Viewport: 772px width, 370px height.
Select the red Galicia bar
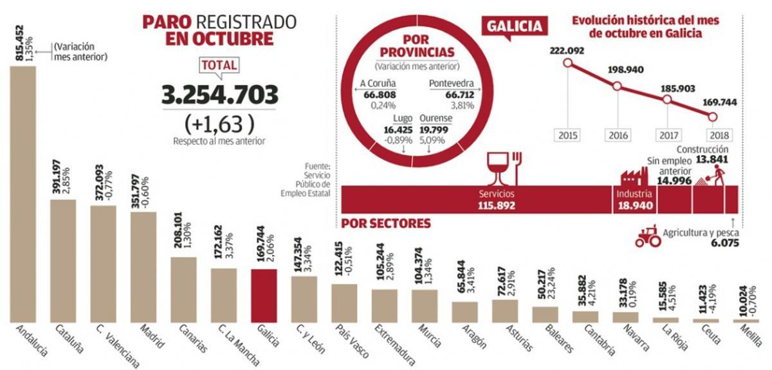click(x=264, y=295)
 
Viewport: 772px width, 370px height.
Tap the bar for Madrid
click(x=143, y=266)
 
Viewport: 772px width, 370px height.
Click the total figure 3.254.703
click(x=220, y=95)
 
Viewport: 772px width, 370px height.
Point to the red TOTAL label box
click(x=220, y=65)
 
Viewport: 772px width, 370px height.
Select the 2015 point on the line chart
click(x=567, y=63)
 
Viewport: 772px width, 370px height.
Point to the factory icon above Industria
click(x=633, y=175)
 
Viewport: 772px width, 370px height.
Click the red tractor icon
click(x=647, y=237)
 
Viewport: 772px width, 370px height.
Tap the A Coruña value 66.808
click(x=378, y=95)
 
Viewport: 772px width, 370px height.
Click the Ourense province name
click(x=436, y=118)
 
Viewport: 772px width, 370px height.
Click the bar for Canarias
click(x=183, y=290)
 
